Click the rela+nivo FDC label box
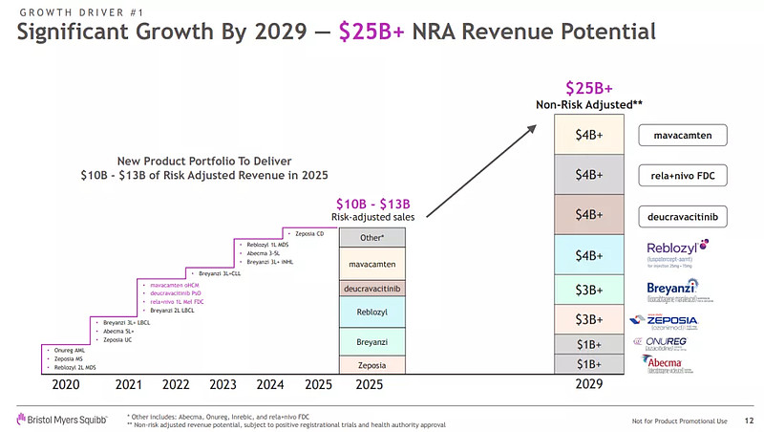pyautogui.click(x=682, y=175)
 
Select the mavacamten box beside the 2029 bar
pyautogui.click(x=682, y=135)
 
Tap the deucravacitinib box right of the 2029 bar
pyautogui.click(x=682, y=216)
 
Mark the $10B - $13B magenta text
pyautogui.click(x=372, y=203)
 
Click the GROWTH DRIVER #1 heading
pyautogui.click(x=75, y=11)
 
